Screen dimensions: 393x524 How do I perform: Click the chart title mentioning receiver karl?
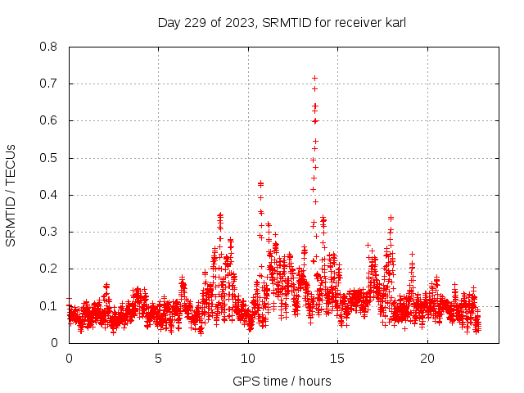pyautogui.click(x=282, y=23)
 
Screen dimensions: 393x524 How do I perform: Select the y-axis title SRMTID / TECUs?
pyautogui.click(x=11, y=195)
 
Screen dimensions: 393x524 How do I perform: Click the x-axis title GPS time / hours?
pyautogui.click(x=282, y=381)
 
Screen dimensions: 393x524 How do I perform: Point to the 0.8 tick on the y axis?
pyautogui.click(x=49, y=47)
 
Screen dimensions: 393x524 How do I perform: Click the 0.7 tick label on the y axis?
pyautogui.click(x=49, y=84)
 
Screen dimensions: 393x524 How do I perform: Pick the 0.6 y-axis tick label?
pyautogui.click(x=49, y=120)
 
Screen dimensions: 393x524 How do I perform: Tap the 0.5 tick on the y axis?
pyautogui.click(x=49, y=158)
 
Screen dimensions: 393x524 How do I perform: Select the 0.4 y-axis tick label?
pyautogui.click(x=49, y=195)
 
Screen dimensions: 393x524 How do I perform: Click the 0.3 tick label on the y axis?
pyautogui.click(x=49, y=232)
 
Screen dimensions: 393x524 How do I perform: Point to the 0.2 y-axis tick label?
pyautogui.click(x=49, y=269)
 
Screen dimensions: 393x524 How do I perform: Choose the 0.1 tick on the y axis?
pyautogui.click(x=49, y=306)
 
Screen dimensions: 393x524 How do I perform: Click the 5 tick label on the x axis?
pyautogui.click(x=159, y=359)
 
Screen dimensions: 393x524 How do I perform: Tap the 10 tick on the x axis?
pyautogui.click(x=248, y=359)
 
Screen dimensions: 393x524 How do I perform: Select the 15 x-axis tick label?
pyautogui.click(x=338, y=359)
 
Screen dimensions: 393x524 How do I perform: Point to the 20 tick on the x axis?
pyautogui.click(x=427, y=359)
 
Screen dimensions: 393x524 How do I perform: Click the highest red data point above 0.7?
pyautogui.click(x=314, y=78)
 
